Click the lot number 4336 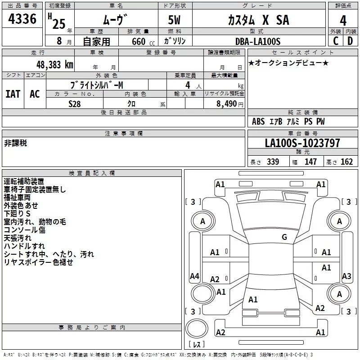click(x=22, y=19)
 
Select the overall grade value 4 click(x=343, y=20)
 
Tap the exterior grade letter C click(x=335, y=41)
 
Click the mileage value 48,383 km click(x=53, y=64)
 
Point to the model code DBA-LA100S click(x=257, y=41)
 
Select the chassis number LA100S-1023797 click(x=302, y=144)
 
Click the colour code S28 click(x=75, y=103)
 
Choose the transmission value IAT click(x=13, y=94)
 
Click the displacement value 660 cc click(x=138, y=41)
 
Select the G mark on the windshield click(x=284, y=237)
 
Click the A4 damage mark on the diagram click(x=194, y=276)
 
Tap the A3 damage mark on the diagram click(x=346, y=276)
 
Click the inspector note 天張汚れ click(x=18, y=238)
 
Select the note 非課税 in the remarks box click(x=16, y=143)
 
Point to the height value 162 click(x=346, y=162)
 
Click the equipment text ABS click(x=258, y=121)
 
